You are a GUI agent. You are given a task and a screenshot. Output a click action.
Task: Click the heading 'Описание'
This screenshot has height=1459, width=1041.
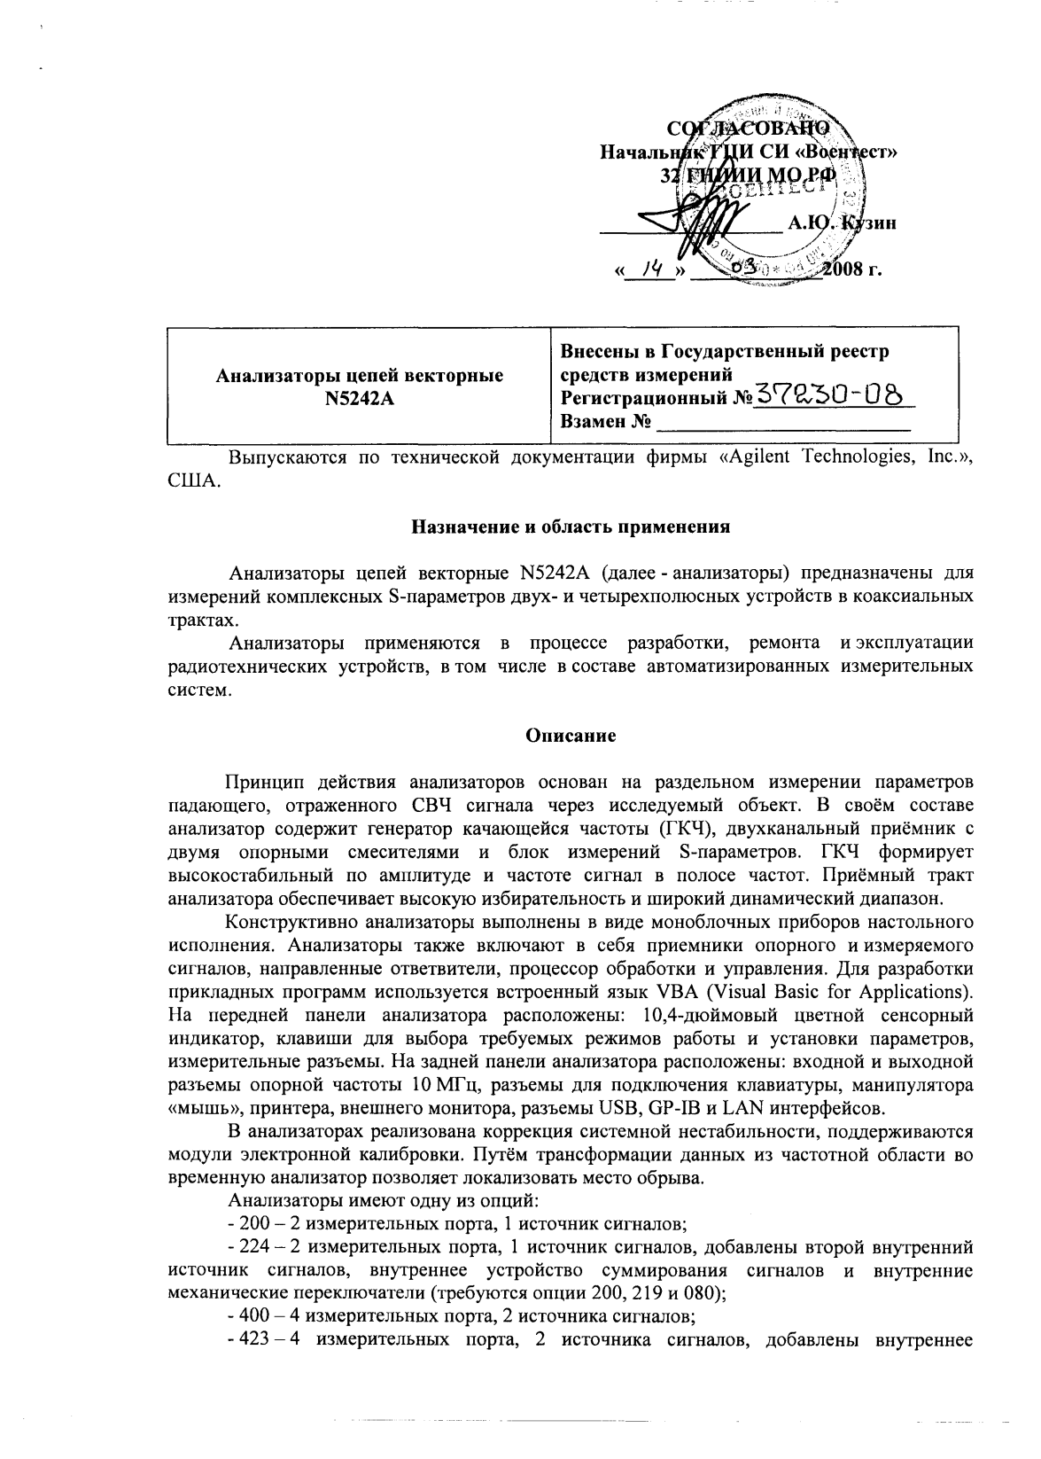(x=567, y=734)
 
